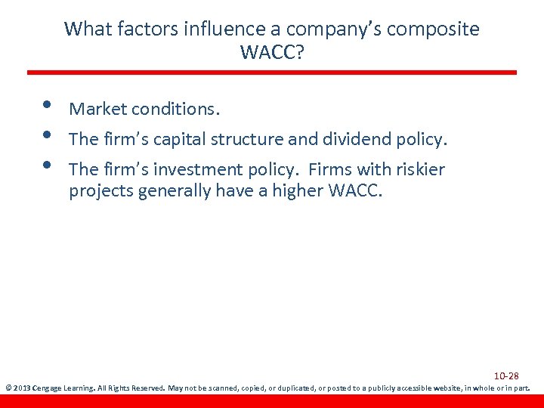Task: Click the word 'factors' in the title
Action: click(134, 29)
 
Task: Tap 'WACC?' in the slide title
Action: click(271, 53)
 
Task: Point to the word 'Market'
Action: click(97, 110)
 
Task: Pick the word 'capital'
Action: click(179, 140)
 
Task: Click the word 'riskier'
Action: click(420, 170)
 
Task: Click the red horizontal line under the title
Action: click(272, 73)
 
